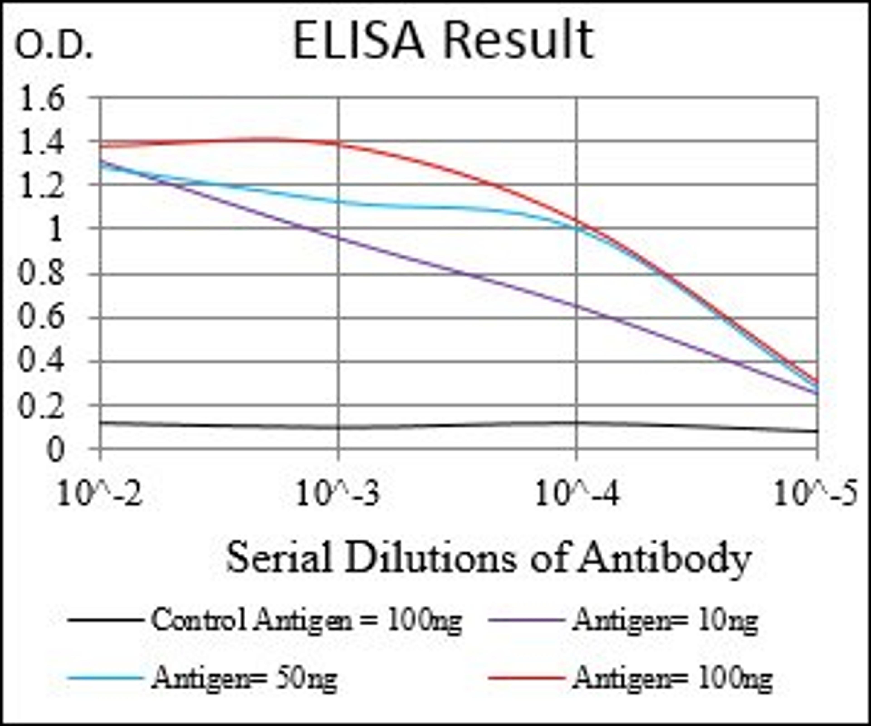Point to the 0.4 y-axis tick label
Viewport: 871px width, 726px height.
[42, 361]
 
